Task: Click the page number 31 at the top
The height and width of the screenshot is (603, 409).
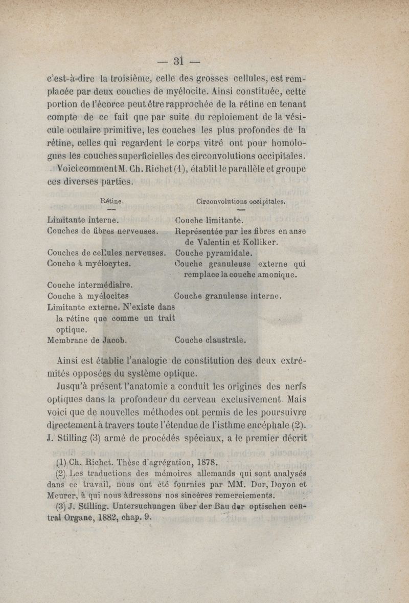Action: tap(178, 60)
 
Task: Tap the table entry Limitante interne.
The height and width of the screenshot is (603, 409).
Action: tap(83, 221)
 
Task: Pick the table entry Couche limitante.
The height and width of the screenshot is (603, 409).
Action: tap(209, 221)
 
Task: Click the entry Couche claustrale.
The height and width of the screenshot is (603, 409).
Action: tap(210, 339)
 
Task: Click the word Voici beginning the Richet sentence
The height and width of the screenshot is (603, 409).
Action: tap(72, 170)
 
